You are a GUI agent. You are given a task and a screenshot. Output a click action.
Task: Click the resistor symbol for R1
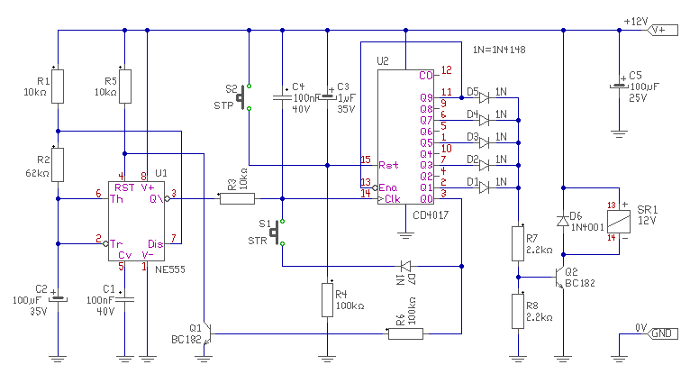(58, 87)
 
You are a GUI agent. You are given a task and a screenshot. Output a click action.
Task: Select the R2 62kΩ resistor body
(58, 165)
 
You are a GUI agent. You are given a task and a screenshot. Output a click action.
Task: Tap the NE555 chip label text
(170, 269)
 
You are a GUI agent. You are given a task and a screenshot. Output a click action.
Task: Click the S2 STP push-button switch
(244, 97)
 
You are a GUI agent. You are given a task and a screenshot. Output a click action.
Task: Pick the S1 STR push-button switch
(277, 233)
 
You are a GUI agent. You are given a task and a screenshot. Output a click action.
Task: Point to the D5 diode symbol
(484, 97)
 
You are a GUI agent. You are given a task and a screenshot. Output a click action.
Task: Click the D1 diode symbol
(484, 187)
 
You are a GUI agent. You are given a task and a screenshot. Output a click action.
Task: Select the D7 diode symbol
(405, 266)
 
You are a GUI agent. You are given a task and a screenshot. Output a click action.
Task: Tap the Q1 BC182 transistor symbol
(207, 334)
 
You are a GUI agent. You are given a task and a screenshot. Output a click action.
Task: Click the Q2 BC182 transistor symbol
(559, 278)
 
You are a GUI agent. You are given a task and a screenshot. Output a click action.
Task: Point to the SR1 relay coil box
(619, 222)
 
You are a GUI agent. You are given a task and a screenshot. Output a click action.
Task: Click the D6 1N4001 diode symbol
(563, 221)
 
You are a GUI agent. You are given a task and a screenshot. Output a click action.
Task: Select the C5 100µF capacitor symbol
(619, 86)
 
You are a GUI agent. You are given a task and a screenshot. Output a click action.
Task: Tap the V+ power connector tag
(663, 31)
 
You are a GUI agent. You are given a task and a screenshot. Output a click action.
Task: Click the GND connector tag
(663, 334)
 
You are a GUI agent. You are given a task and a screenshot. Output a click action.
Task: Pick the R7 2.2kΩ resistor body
(518, 243)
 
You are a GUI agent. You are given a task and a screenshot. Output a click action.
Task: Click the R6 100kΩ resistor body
(405, 334)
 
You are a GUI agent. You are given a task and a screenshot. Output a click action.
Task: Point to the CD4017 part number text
(431, 215)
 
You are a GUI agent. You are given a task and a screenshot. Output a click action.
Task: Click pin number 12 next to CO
(446, 70)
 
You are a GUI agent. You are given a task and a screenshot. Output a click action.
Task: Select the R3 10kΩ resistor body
(237, 199)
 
